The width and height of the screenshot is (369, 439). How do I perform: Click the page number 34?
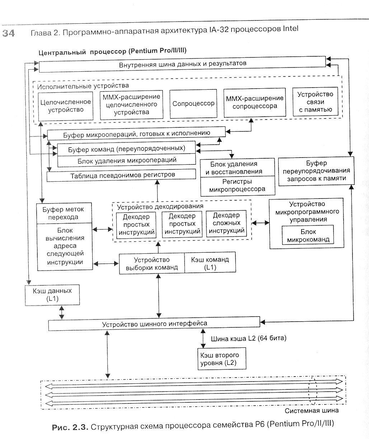[x=9, y=33]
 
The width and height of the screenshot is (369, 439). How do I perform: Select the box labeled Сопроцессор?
[x=193, y=104]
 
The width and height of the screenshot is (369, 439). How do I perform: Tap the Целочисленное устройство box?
[x=66, y=106]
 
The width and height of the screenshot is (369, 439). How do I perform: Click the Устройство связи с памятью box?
[x=316, y=102]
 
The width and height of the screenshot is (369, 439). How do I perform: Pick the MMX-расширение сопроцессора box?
[x=254, y=102]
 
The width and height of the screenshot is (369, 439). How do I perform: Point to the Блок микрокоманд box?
[x=308, y=235]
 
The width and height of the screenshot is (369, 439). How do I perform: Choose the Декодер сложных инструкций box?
[x=226, y=223]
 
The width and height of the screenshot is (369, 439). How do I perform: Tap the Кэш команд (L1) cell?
[x=210, y=263]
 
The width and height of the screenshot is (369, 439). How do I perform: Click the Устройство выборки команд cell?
[x=152, y=263]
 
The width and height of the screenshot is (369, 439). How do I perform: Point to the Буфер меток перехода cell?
[x=60, y=213]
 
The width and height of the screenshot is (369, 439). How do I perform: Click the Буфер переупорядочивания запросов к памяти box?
[x=316, y=171]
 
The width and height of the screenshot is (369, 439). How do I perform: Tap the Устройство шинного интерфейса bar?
[x=154, y=324]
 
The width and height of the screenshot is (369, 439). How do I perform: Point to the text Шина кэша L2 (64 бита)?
[x=248, y=338]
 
